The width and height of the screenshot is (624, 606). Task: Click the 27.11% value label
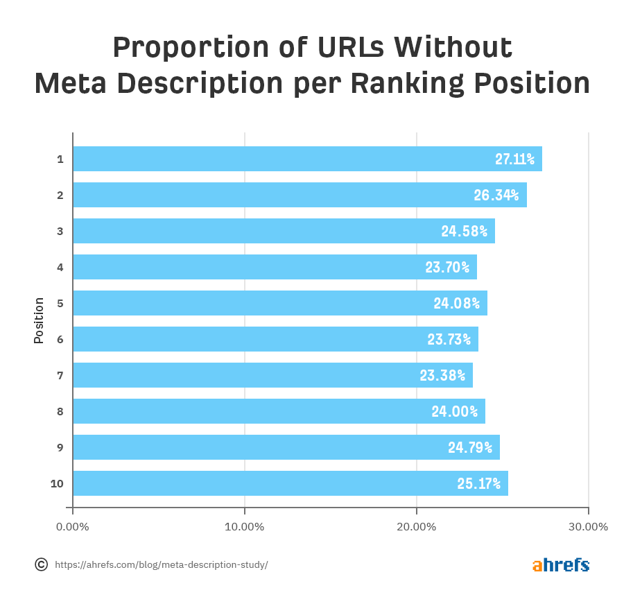514,159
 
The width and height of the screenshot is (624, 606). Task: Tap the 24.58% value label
464,231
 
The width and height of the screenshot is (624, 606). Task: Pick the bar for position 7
272,375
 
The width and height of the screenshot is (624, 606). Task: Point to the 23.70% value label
447,267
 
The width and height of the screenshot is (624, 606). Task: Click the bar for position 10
290,483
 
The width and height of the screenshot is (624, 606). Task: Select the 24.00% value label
454,411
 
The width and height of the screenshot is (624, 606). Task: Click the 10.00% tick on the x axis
245,526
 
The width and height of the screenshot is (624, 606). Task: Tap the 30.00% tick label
588,526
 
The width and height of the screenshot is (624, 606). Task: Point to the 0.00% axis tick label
72,526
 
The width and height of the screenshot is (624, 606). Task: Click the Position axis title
39,320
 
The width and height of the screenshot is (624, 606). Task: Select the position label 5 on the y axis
60,303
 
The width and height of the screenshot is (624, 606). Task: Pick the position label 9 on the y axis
60,447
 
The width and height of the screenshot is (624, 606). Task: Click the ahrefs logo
560,565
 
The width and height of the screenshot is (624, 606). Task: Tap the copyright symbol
41,564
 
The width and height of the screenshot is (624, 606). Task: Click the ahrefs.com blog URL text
161,564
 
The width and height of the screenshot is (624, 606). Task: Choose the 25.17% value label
478,483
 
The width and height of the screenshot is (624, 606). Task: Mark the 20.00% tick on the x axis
417,526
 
